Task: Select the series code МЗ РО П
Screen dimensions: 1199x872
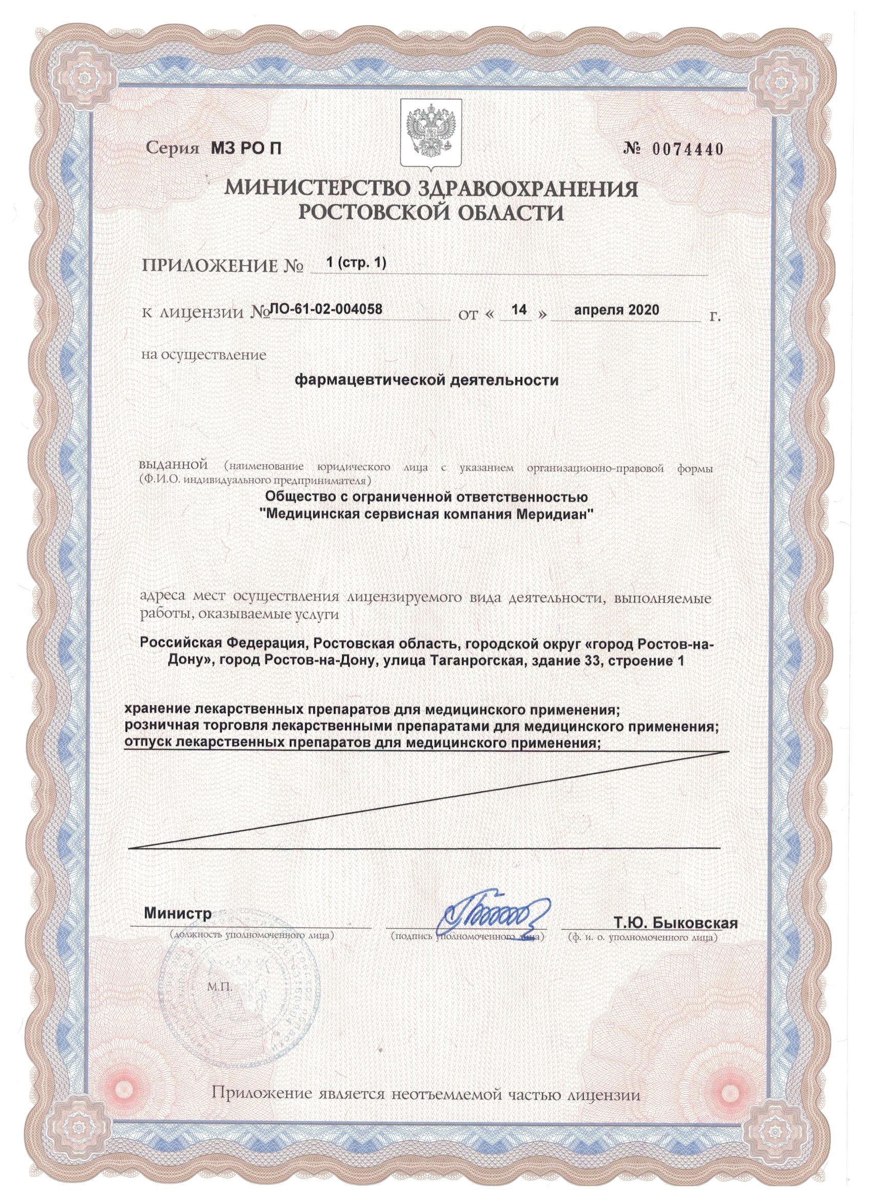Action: tap(241, 150)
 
